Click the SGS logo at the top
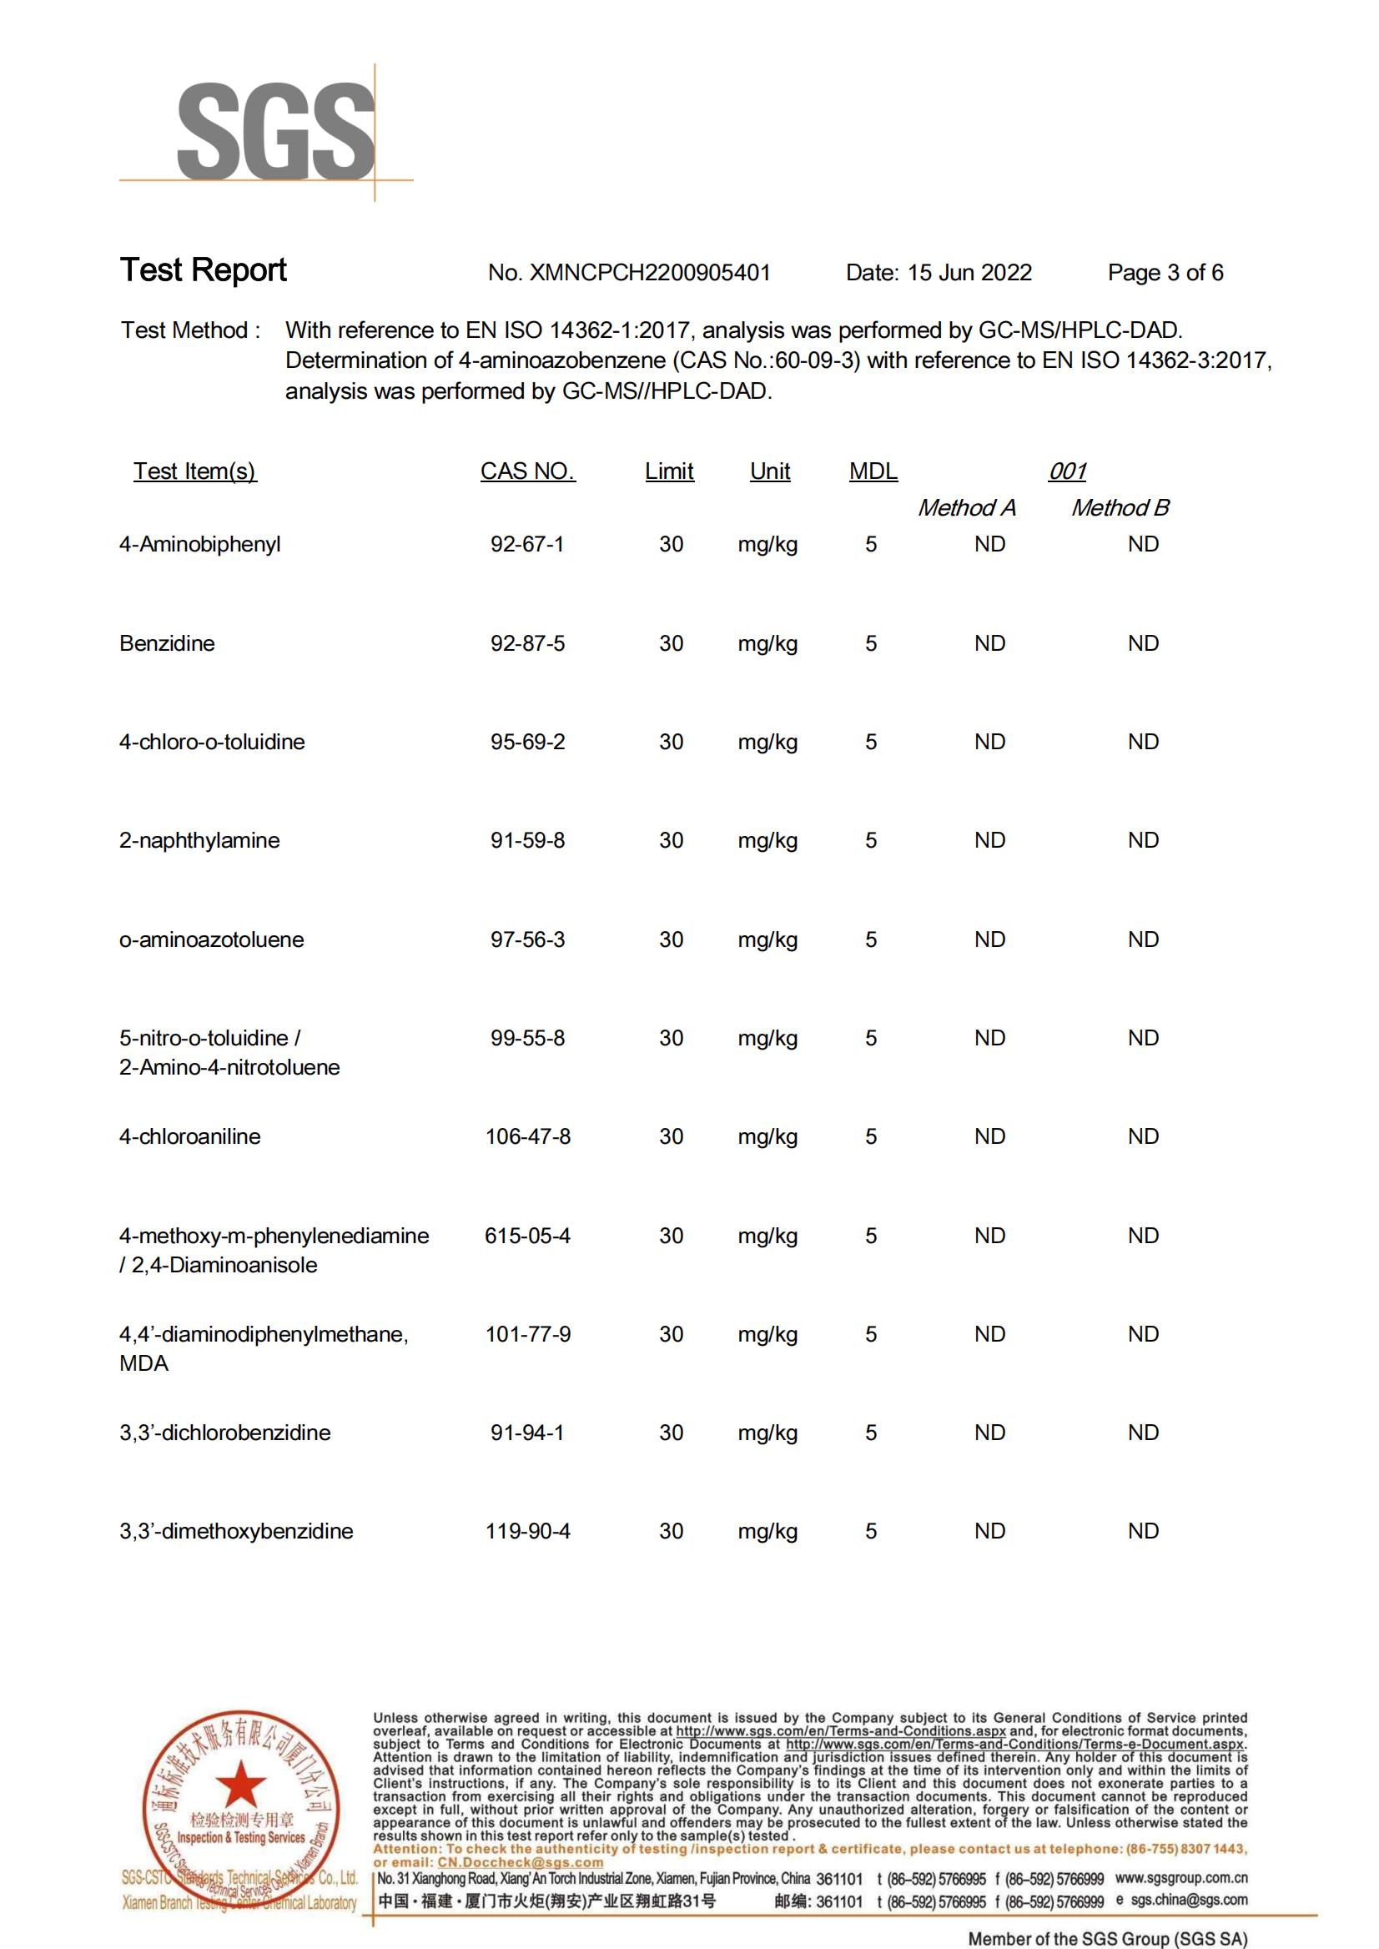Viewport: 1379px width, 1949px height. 274,132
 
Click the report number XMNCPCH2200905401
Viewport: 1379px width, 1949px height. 649,273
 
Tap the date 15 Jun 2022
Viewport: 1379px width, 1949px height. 969,273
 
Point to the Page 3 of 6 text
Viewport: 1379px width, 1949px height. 1165,273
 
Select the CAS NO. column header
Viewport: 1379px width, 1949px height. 527,471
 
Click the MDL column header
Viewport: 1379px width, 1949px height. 873,471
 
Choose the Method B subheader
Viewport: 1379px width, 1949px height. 1120,508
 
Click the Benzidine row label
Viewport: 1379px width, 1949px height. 168,644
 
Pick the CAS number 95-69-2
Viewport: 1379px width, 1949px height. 527,743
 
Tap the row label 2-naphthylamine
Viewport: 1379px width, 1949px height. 199,841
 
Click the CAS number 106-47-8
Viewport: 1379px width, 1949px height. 527,1137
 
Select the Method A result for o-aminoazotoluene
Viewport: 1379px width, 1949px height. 989,940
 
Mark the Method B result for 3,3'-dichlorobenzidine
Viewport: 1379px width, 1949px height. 1143,1433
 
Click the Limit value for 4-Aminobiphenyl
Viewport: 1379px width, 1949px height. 671,544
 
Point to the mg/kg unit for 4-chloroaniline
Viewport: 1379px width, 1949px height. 768,1137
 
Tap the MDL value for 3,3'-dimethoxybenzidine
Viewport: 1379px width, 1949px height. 871,1532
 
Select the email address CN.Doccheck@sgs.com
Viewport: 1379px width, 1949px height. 520,1862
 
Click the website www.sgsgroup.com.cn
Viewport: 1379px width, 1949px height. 1181,1879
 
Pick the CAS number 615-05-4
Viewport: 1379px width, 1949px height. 527,1236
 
